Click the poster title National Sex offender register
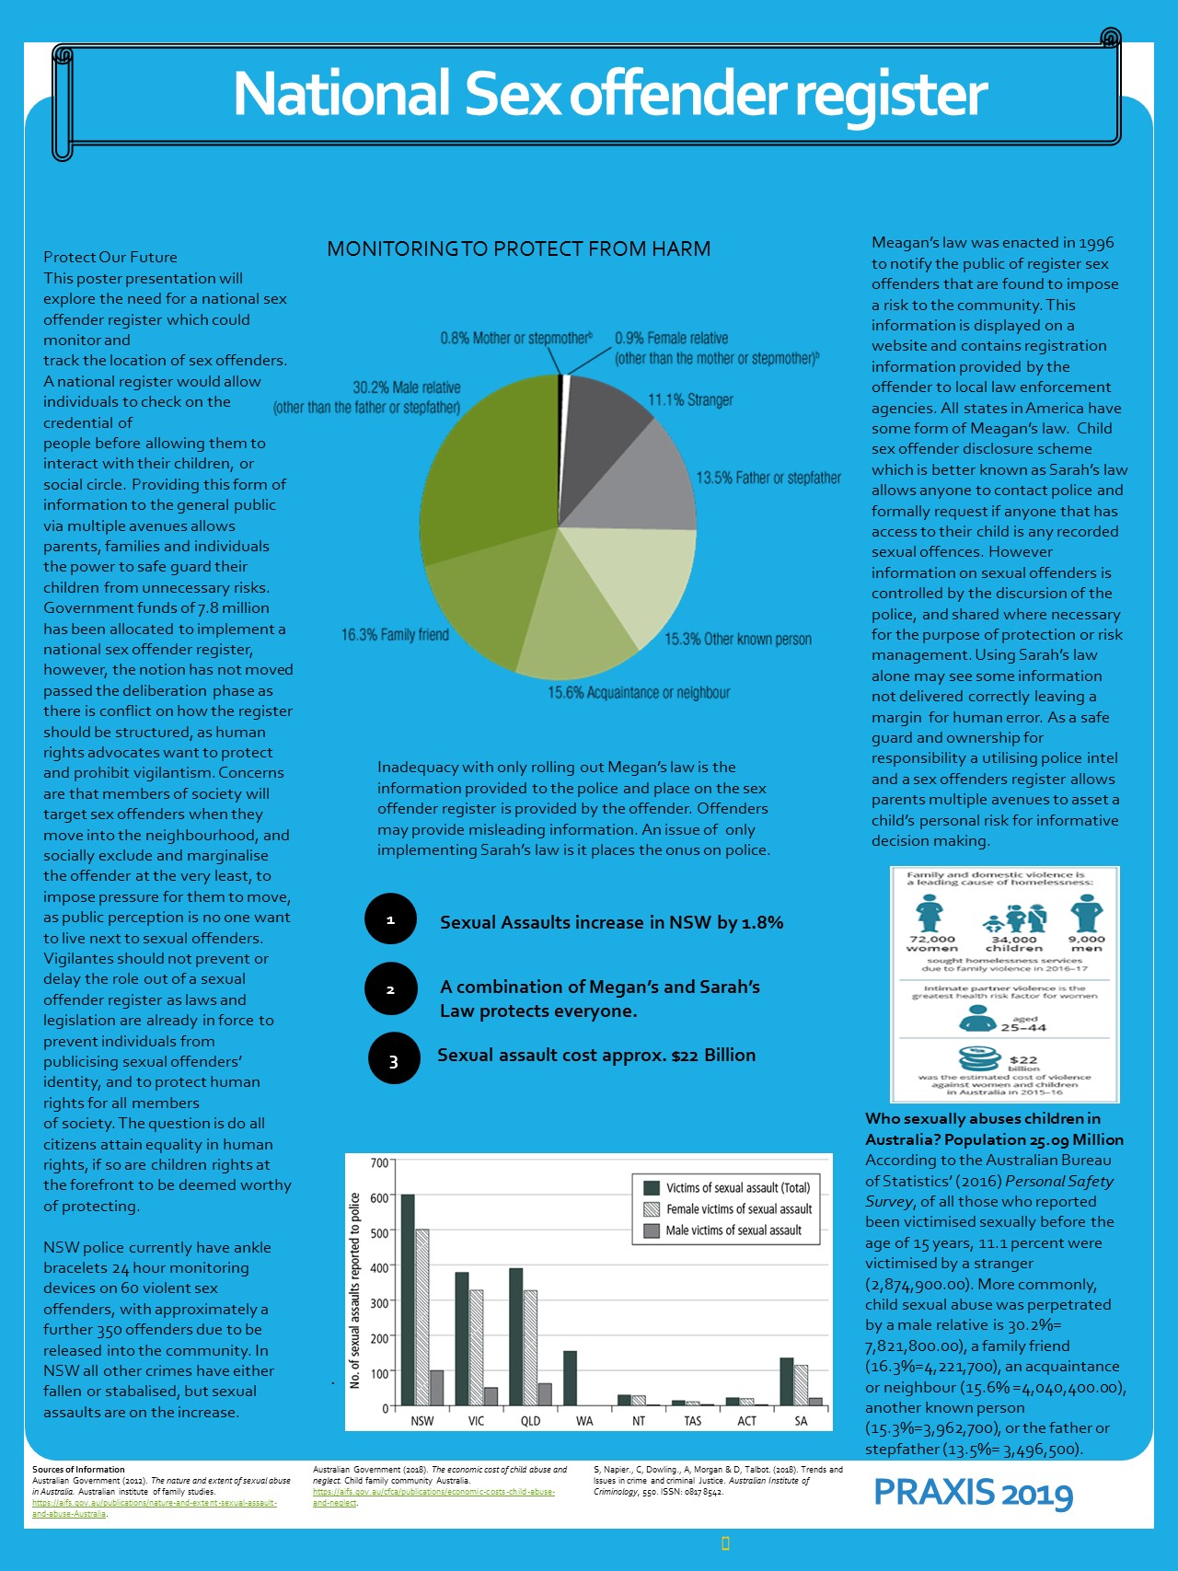609,94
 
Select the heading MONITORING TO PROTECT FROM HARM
518,248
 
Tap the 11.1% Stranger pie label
690,400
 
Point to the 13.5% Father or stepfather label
768,478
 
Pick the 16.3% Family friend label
395,634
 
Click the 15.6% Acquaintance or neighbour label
639,692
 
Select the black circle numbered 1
390,918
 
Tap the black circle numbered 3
394,1058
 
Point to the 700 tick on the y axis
379,1162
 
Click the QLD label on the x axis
530,1421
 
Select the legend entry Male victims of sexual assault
733,1230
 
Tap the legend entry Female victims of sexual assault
738,1209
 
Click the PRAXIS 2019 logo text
973,1493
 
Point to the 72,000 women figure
931,942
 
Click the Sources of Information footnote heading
78,1470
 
